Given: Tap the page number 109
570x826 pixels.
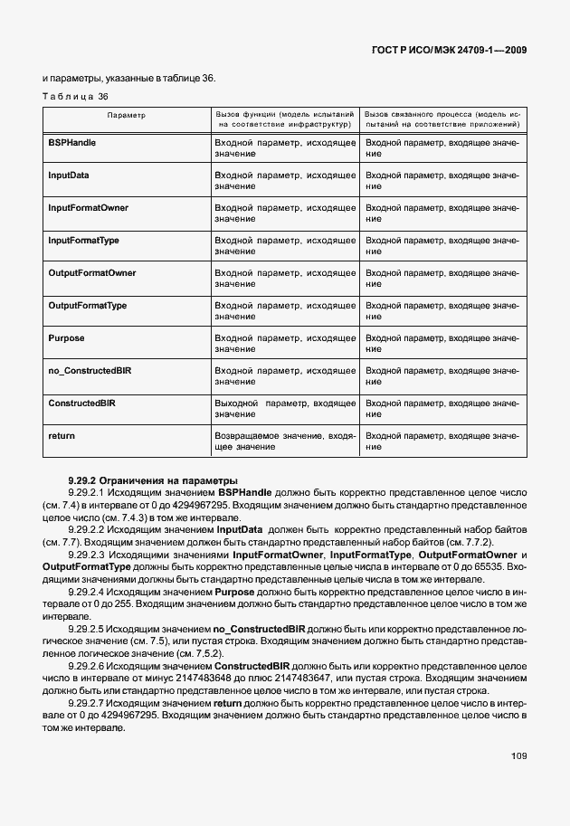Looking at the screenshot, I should tap(518, 755).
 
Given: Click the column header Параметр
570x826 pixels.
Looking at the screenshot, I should tap(126, 116).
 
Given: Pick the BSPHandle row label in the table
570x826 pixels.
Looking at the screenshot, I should tap(71, 143).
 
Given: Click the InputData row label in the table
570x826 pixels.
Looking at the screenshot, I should tap(68, 175).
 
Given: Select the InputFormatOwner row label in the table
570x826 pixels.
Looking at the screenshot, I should tap(88, 207).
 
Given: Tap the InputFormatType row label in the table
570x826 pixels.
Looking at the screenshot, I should tap(83, 240).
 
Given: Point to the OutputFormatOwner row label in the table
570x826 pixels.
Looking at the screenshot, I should tap(91, 272).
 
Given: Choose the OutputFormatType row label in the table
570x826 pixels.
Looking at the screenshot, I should tap(87, 305).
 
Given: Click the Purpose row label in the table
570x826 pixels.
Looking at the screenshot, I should tap(66, 337).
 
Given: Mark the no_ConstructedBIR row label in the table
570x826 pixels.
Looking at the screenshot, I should tap(90, 370).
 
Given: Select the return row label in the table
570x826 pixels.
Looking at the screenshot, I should tap(61, 435).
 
